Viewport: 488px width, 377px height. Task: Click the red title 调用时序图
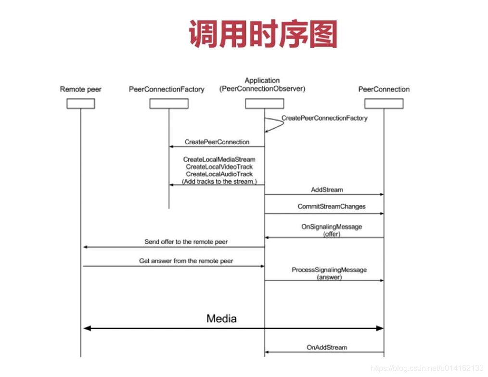point(263,34)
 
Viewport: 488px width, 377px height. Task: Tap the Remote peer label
point(81,89)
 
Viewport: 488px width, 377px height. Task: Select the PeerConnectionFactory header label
point(167,89)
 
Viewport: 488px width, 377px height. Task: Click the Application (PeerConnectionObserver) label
point(262,85)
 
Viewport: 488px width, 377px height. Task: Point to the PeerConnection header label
point(384,89)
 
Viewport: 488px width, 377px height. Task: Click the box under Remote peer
point(81,104)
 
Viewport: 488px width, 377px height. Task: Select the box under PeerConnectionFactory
point(169,104)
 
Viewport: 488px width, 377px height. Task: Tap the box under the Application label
point(264,104)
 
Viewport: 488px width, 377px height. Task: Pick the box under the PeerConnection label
point(384,104)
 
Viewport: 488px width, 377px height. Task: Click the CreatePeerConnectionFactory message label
point(324,118)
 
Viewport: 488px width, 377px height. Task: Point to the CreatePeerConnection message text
point(217,142)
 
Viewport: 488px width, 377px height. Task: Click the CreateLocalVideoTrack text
point(219,167)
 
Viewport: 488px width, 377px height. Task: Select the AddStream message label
point(327,190)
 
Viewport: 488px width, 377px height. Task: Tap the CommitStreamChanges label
point(332,207)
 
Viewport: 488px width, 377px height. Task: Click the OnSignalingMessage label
point(332,227)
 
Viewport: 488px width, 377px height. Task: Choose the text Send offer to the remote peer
point(186,242)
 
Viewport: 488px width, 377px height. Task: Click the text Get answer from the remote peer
point(186,261)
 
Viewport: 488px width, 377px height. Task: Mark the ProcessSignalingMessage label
point(329,270)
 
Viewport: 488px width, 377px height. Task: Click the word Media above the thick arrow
point(221,319)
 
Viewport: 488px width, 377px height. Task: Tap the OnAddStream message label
point(327,347)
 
